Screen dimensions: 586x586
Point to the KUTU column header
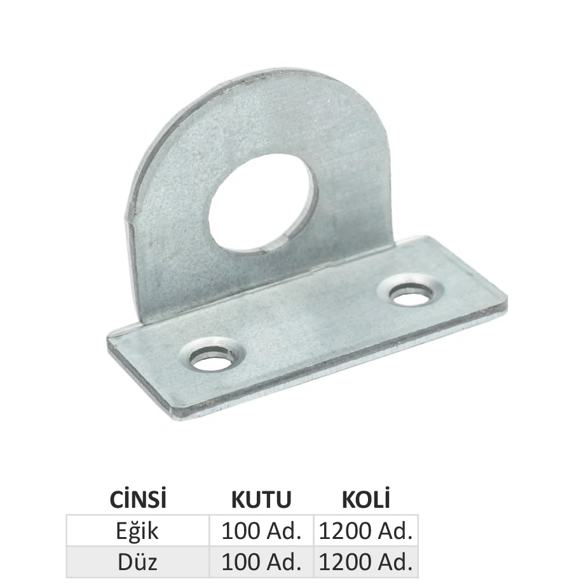tap(261, 499)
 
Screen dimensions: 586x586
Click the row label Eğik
tap(137, 531)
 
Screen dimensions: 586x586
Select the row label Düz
tap(137, 562)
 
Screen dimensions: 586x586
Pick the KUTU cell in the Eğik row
tap(261, 531)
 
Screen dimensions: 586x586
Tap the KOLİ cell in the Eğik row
tap(366, 531)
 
